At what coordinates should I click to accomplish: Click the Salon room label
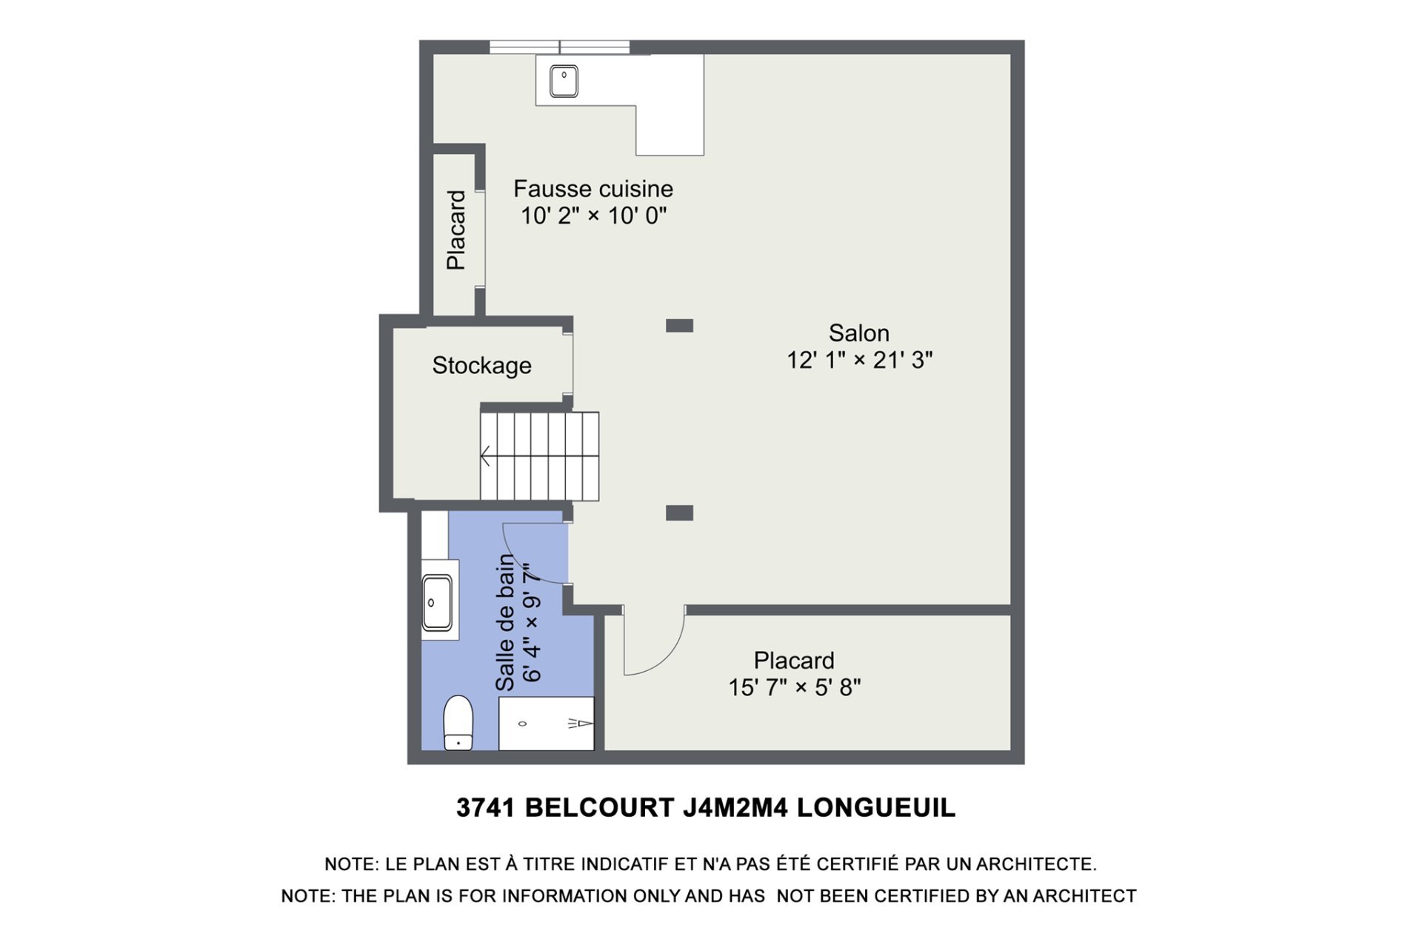tap(858, 333)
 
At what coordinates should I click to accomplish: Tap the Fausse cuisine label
tap(593, 189)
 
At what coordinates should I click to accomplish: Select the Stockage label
tap(481, 365)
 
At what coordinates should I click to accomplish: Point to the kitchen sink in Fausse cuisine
tap(564, 81)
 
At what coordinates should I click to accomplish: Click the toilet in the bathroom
tap(458, 722)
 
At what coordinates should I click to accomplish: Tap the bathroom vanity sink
tap(437, 603)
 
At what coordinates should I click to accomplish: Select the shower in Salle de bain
tap(546, 723)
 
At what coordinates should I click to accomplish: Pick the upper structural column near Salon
tap(679, 325)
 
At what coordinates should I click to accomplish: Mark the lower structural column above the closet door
tap(679, 513)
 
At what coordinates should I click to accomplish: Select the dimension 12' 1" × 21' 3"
tap(859, 360)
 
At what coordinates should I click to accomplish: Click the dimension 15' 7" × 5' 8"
tap(794, 687)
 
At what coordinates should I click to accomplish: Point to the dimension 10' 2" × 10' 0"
tap(593, 216)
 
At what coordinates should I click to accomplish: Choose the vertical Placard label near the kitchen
tap(456, 230)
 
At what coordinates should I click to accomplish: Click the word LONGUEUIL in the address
tap(876, 807)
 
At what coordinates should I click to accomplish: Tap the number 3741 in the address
tap(485, 807)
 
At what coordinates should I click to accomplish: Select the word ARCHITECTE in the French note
tap(1036, 864)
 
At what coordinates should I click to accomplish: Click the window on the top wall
tap(559, 47)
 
